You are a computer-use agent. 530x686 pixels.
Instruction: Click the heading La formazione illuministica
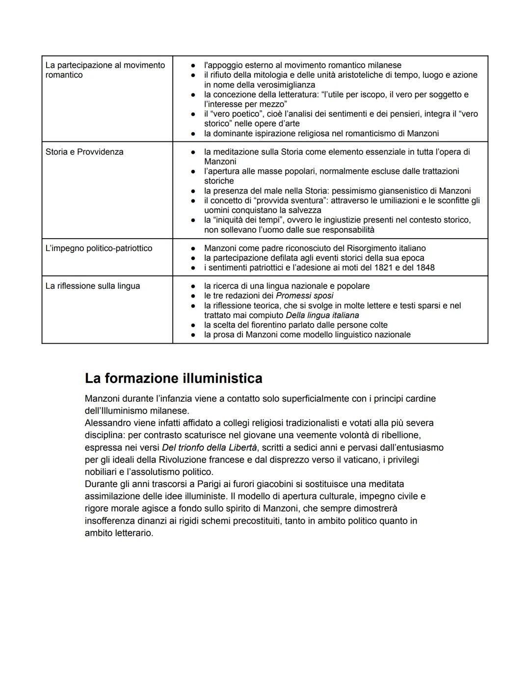pyautogui.click(x=173, y=378)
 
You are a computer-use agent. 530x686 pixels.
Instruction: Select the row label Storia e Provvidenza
pyautogui.click(x=84, y=152)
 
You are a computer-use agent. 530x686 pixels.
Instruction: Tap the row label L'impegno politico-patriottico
pyautogui.click(x=99, y=248)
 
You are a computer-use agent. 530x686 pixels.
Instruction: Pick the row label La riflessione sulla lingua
pyautogui.click(x=92, y=286)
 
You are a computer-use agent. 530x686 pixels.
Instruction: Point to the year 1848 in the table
pyautogui.click(x=425, y=268)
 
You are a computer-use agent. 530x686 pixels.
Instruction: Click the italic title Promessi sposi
pyautogui.click(x=304, y=296)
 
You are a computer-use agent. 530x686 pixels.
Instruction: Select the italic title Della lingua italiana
pyautogui.click(x=322, y=315)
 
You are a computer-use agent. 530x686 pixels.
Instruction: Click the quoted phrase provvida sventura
pyautogui.click(x=285, y=200)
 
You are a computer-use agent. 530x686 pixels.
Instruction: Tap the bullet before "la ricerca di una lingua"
pyautogui.click(x=194, y=286)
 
